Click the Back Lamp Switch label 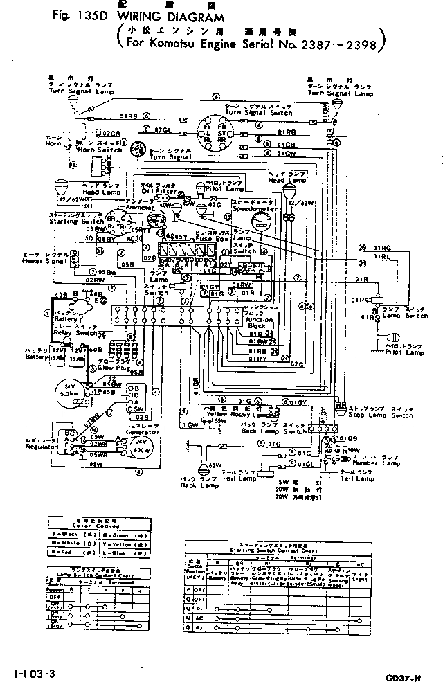coord(283,431)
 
